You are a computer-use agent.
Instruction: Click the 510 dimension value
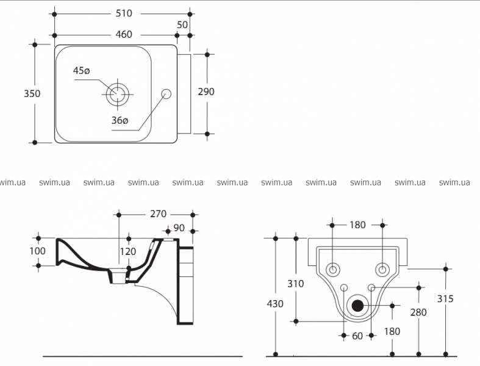point(124,13)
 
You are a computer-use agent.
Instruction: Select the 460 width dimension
point(124,34)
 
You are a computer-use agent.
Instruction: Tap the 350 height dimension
point(32,93)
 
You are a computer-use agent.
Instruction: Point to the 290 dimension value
point(207,91)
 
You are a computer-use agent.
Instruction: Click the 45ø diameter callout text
point(82,71)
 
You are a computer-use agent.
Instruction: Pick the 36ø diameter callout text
point(120,120)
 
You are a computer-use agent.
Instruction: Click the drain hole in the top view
point(117,93)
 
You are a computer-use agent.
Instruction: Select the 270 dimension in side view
point(158,214)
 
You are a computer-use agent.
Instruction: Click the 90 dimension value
point(179,228)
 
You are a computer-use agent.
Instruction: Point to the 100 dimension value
point(38,251)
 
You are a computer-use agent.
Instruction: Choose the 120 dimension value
point(127,251)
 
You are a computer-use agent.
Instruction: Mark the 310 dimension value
point(295,284)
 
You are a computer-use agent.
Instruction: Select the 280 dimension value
point(418,312)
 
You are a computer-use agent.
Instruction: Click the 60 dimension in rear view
point(357,335)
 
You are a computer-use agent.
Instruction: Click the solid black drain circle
point(357,306)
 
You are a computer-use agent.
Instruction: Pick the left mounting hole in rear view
point(332,269)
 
